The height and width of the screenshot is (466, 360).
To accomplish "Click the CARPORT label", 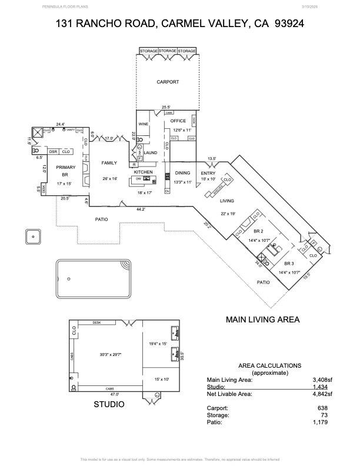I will [x=167, y=82].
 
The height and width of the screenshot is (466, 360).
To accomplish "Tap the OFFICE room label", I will [x=178, y=121].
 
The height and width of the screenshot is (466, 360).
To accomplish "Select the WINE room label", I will [x=143, y=124].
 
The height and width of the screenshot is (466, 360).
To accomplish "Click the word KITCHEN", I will [x=144, y=172].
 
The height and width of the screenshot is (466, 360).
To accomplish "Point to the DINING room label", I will [x=183, y=173].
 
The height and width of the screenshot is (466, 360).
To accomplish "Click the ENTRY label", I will [x=208, y=173].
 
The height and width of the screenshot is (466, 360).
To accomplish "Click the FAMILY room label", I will [x=109, y=163].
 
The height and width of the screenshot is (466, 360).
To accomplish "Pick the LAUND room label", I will [x=151, y=152].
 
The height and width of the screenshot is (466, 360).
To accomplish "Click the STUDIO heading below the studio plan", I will [x=109, y=405].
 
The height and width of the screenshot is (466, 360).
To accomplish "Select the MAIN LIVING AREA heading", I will [x=263, y=320].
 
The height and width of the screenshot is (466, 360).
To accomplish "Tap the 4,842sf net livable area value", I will [x=322, y=394].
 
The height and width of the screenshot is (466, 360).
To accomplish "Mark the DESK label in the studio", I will [x=97, y=322].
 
